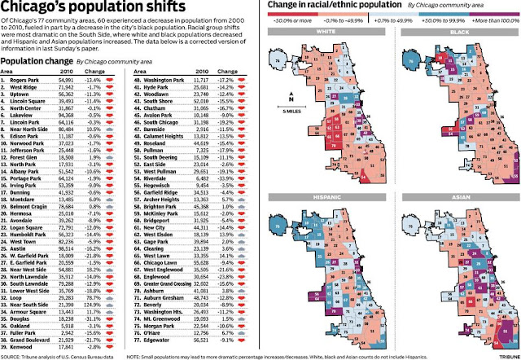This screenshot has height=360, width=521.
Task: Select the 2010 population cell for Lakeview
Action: pos(69,116)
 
